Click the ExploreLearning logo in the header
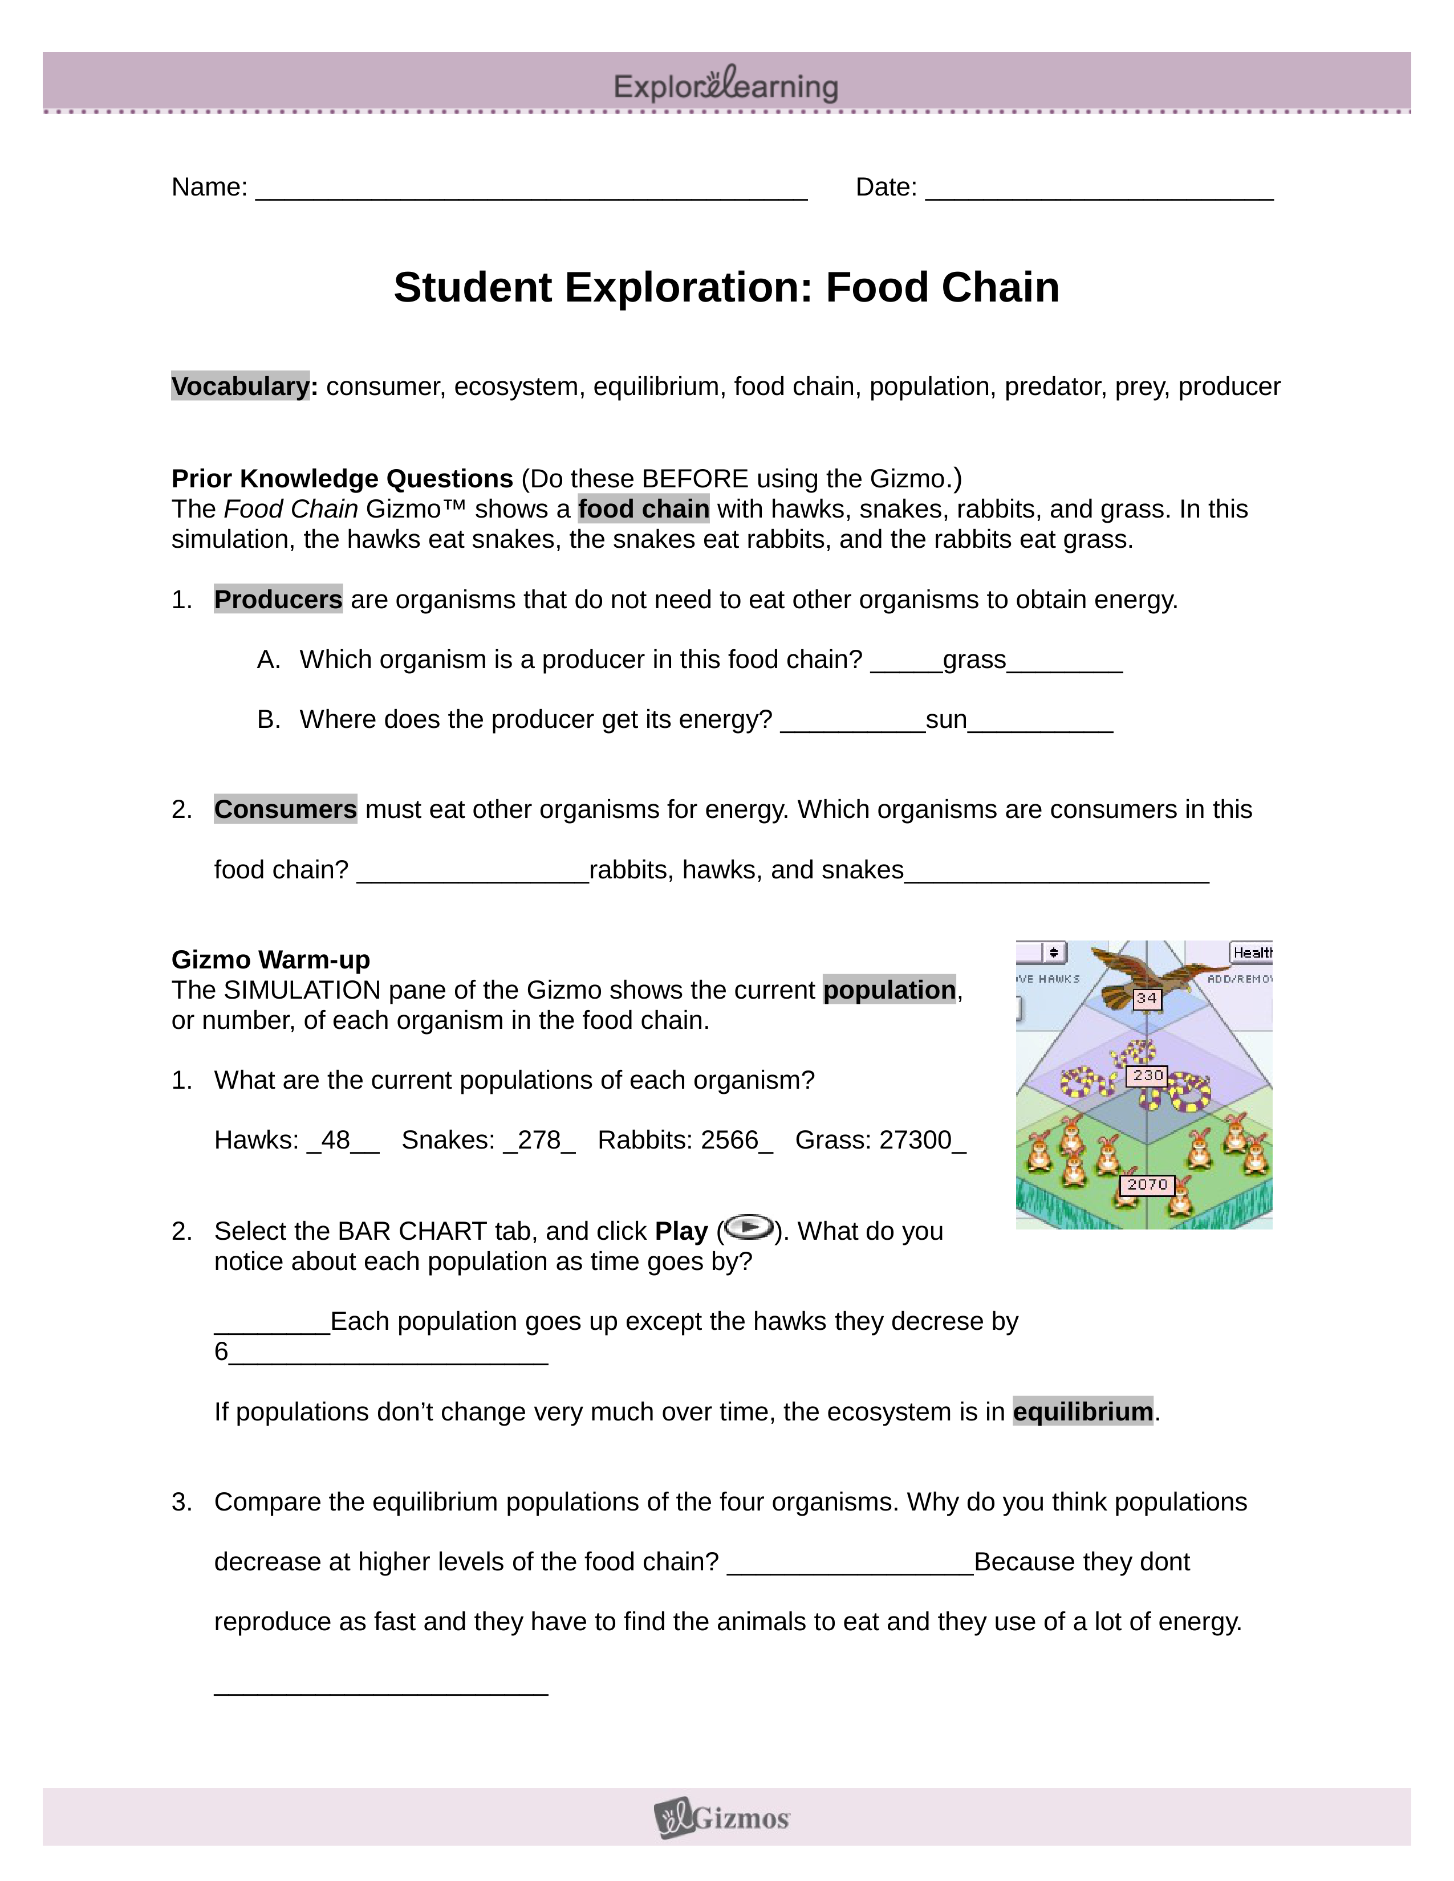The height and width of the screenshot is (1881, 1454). [725, 85]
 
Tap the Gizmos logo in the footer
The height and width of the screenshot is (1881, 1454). [722, 1818]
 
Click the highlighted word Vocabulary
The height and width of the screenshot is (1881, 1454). [240, 386]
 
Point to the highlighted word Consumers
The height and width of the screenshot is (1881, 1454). [285, 809]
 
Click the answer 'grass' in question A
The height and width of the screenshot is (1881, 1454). [974, 659]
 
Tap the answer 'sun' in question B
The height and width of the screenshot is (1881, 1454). [946, 720]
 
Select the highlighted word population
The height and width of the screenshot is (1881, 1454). [889, 991]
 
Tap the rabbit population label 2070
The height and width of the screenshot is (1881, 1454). [1147, 1185]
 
